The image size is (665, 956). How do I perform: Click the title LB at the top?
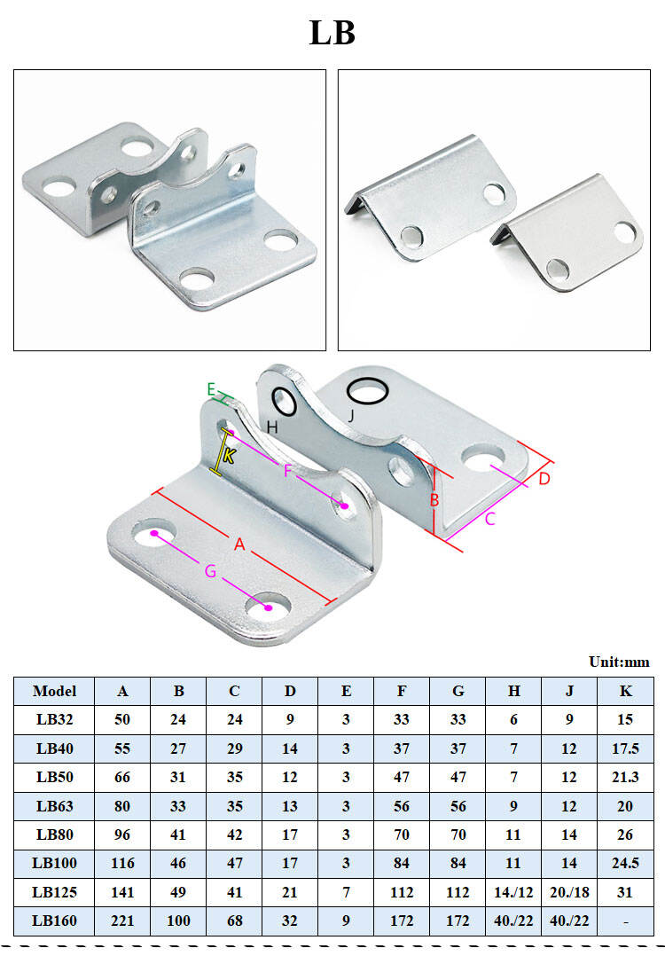(332, 33)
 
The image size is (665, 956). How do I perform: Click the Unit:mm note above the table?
(619, 662)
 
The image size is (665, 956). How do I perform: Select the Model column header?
(54, 691)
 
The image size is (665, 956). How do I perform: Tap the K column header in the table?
(626, 691)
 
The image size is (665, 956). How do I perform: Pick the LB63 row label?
(54, 806)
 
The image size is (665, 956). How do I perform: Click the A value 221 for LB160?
(122, 921)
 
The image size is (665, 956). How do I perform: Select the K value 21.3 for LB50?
(626, 777)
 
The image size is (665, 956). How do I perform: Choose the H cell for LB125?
(513, 892)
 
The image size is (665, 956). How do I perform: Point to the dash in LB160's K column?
(626, 921)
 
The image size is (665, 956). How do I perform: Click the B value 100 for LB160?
(178, 921)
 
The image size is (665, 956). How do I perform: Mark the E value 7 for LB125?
(346, 892)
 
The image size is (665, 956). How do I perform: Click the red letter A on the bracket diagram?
(239, 545)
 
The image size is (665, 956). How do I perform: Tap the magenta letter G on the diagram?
(210, 572)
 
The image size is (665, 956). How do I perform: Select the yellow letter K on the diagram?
(229, 456)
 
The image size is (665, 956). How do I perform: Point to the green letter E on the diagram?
(211, 388)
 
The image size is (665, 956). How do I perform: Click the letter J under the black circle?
(350, 415)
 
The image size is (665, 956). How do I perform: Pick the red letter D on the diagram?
(544, 478)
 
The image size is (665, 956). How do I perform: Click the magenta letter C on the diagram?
(490, 519)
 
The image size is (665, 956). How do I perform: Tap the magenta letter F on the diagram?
(287, 471)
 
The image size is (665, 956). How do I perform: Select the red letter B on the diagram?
(434, 499)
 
